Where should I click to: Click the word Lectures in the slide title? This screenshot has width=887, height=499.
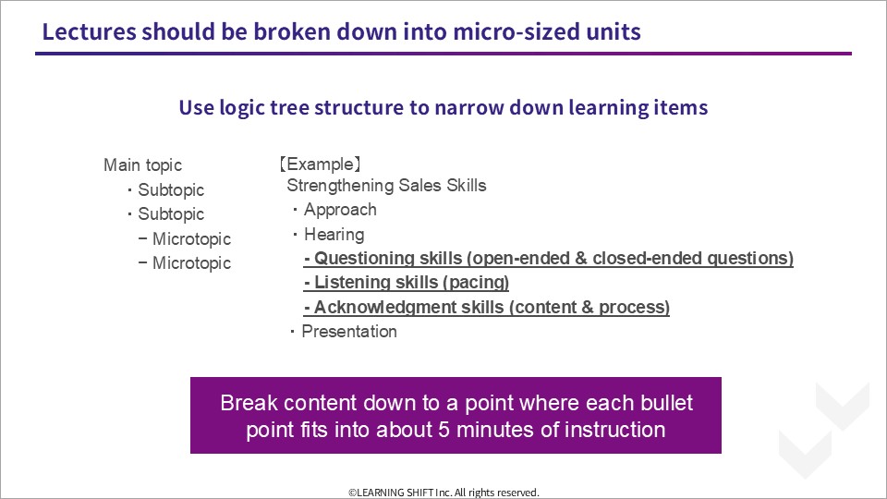[90, 31]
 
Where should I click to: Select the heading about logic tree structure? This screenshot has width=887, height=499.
[443, 107]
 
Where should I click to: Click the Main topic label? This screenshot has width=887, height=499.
[142, 165]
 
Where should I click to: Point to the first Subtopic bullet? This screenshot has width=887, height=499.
[165, 190]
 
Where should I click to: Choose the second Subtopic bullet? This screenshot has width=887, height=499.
[165, 214]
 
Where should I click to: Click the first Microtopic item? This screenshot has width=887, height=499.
[185, 238]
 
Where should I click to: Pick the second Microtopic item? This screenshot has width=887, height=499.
[185, 263]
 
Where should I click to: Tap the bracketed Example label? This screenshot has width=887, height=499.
[320, 164]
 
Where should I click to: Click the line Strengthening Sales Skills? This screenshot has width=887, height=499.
[386, 186]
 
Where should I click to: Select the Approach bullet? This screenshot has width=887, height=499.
[334, 210]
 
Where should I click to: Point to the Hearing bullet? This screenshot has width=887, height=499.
[328, 234]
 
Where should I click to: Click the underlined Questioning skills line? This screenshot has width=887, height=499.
[549, 259]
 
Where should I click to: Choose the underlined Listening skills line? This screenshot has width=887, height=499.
[407, 283]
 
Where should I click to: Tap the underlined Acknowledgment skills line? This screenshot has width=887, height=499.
[487, 307]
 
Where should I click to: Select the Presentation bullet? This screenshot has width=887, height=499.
[344, 332]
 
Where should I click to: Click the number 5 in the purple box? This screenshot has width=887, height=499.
[444, 430]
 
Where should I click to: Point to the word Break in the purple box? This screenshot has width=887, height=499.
[249, 403]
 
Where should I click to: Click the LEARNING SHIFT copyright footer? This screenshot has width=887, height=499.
[444, 493]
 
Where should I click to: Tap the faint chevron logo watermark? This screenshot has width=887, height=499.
[824, 430]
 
